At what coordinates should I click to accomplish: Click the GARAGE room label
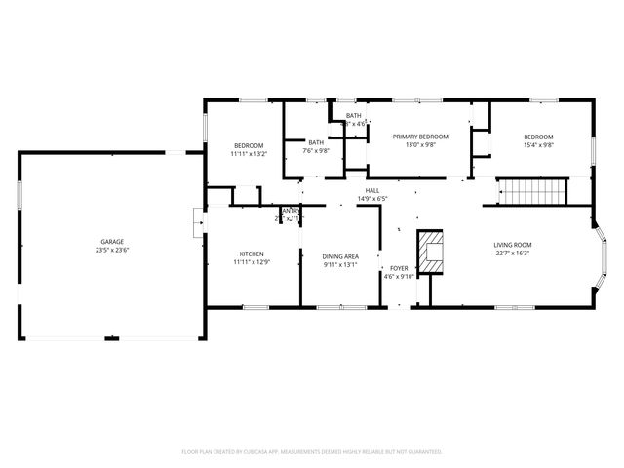point(112,241)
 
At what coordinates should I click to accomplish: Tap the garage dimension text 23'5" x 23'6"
point(112,250)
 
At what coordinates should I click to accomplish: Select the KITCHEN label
point(252,253)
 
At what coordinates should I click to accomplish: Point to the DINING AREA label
point(340,256)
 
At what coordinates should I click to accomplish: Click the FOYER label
point(399,267)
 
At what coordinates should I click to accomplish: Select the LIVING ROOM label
point(512,245)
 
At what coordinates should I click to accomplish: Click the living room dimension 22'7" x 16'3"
point(512,253)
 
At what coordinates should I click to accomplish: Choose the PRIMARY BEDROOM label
point(420,136)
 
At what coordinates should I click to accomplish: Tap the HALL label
point(372,190)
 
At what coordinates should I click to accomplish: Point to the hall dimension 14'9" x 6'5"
point(372,199)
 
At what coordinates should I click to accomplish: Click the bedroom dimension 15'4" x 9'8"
point(538,145)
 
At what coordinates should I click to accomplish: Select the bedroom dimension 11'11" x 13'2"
point(249,154)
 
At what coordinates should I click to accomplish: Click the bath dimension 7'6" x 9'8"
point(316,151)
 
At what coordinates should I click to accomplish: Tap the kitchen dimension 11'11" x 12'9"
point(252,262)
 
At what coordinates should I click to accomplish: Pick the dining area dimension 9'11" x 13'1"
point(340,265)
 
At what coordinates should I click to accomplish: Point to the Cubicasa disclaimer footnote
point(312,451)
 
